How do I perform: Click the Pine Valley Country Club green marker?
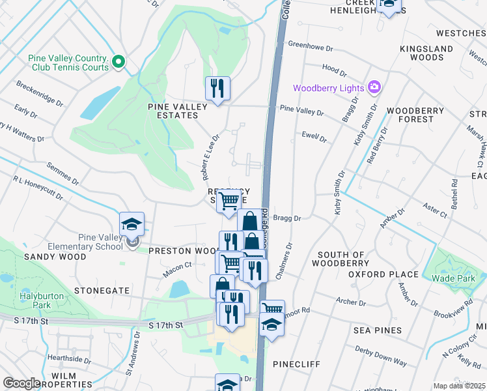pos(118,62)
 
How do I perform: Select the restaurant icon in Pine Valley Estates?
pos(217,88)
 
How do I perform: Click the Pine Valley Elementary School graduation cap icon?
pos(132,225)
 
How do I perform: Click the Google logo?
pos(21,383)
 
